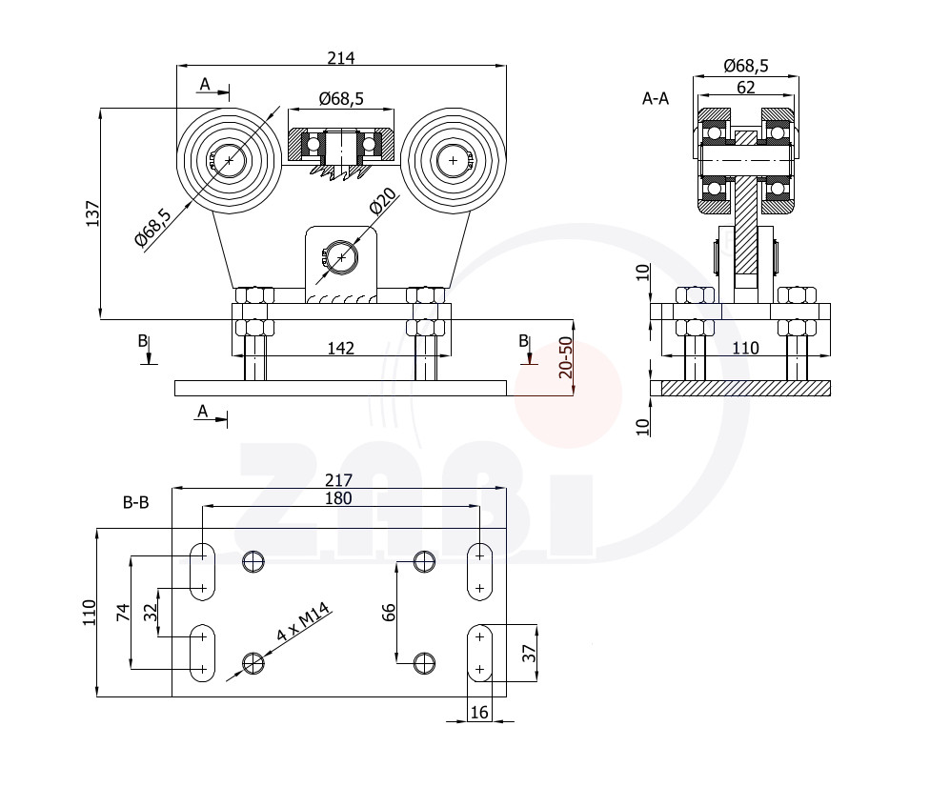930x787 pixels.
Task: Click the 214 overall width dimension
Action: click(341, 57)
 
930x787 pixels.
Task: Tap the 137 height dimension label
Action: click(93, 213)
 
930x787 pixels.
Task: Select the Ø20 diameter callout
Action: click(382, 200)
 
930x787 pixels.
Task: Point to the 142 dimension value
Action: click(341, 348)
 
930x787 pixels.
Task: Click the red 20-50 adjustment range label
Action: click(565, 357)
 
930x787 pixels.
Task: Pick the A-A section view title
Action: click(656, 98)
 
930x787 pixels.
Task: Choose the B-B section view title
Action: click(136, 502)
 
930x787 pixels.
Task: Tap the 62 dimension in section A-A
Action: click(745, 88)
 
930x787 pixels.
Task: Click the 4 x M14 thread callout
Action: click(302, 621)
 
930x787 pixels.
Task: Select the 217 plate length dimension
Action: click(338, 479)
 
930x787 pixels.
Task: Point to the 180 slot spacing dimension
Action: click(338, 498)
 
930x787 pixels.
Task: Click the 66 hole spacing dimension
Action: click(388, 612)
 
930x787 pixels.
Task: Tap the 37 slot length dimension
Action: click(529, 653)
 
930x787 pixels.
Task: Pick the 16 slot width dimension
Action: click(479, 713)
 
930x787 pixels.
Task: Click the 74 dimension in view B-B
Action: click(123, 612)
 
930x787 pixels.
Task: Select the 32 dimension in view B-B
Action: click(152, 612)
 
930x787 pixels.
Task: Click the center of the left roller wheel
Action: click(229, 160)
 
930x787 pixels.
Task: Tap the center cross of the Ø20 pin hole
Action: click(342, 257)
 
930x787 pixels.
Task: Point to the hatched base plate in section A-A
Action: click(745, 388)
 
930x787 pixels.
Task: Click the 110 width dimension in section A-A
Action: click(745, 348)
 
